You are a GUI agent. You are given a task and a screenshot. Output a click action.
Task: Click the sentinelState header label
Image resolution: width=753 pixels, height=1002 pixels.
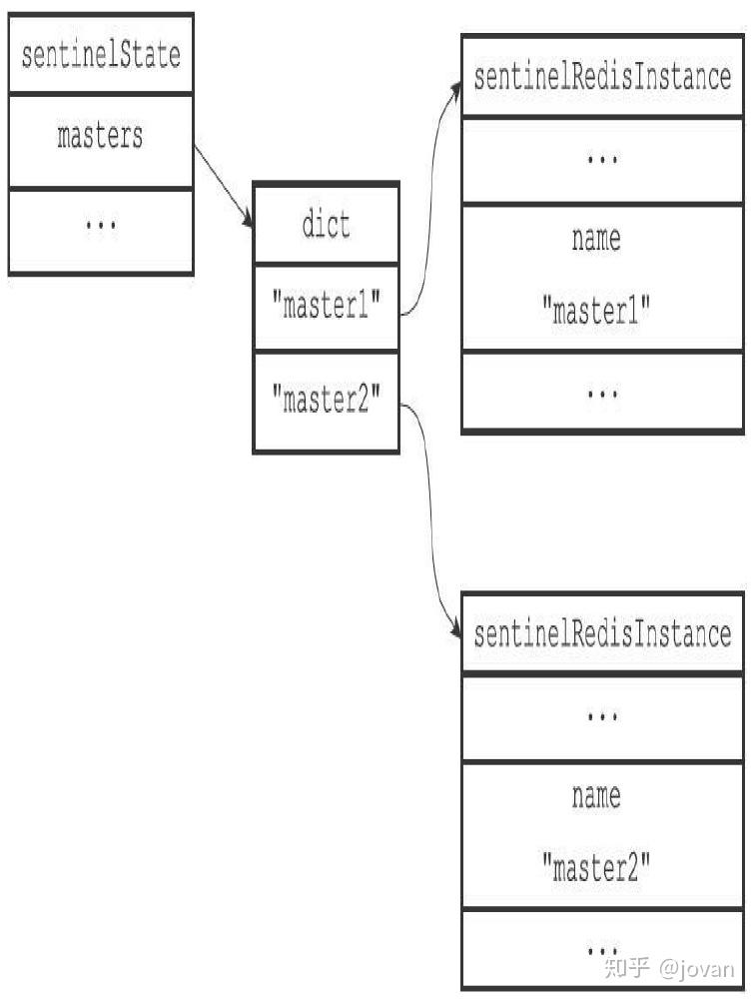click(101, 55)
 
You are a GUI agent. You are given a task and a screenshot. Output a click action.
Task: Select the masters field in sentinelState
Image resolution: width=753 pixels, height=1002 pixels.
click(100, 136)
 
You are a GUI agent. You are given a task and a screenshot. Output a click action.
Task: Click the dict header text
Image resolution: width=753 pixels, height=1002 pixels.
click(326, 225)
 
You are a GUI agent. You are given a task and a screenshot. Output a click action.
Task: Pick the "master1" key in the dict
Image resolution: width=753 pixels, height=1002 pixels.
click(326, 305)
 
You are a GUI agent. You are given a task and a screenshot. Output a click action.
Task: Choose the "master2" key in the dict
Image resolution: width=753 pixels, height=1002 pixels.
click(326, 399)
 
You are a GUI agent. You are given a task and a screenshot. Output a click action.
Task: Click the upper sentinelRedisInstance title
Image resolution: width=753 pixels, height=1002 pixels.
click(602, 77)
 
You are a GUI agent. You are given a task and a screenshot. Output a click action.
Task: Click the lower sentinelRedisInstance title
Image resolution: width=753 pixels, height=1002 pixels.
click(602, 634)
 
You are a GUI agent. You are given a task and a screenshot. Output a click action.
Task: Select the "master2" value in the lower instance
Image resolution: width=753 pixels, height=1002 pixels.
click(596, 868)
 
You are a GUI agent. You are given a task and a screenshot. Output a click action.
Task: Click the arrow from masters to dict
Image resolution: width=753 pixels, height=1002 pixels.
click(224, 186)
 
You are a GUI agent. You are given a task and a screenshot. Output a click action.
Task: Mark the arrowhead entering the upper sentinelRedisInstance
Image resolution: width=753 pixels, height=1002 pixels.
click(456, 90)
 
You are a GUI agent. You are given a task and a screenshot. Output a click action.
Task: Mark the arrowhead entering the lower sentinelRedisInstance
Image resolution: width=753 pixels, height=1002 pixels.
click(456, 628)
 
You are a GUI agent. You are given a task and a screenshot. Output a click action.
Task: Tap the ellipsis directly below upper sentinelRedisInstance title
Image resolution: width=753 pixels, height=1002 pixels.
click(602, 159)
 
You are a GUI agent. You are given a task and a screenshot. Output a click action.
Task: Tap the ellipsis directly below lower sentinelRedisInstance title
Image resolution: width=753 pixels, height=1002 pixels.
click(602, 716)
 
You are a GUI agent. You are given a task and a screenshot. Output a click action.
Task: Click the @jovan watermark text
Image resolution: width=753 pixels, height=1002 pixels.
click(696, 969)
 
